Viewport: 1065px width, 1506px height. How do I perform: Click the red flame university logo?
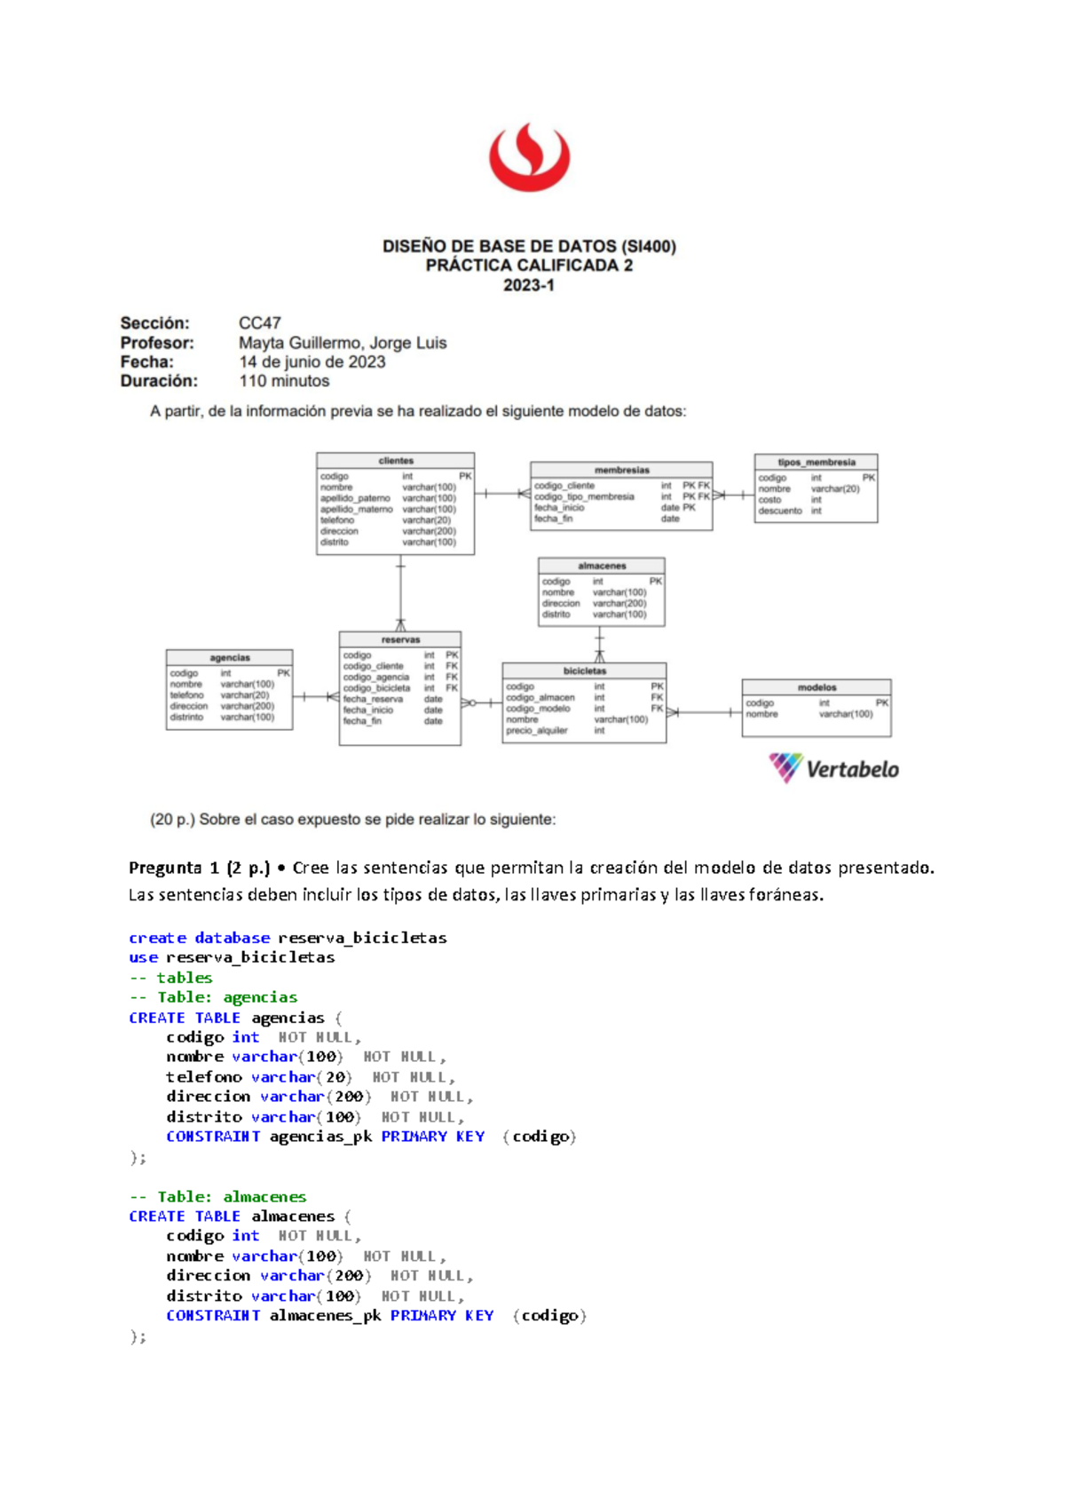pos(529,156)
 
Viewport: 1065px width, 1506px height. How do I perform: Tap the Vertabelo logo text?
pos(852,769)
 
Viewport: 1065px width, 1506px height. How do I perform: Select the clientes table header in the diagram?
pos(396,461)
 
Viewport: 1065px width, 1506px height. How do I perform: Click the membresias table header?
pos(621,470)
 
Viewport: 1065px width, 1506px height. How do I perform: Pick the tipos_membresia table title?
pos(816,463)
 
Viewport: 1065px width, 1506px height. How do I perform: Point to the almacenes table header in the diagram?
pos(602,566)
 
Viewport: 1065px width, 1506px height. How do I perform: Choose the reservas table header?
pos(400,639)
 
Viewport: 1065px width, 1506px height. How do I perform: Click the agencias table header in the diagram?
pos(230,658)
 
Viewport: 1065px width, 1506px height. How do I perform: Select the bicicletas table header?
pos(584,671)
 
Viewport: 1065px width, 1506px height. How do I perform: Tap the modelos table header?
pos(816,687)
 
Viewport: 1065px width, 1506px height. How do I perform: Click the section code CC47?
pos(259,323)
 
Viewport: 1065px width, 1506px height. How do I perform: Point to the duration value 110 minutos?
pos(284,381)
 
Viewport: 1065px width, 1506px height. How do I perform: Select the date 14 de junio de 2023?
pos(312,362)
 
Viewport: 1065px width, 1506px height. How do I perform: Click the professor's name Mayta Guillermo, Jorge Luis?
pos(343,343)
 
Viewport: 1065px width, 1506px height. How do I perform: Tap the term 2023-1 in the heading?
pos(529,285)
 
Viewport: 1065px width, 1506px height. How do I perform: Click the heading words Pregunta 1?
pos(174,868)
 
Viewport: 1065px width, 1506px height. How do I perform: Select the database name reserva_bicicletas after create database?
pos(362,938)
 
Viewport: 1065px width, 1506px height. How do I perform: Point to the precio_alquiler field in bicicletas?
pos(537,731)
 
